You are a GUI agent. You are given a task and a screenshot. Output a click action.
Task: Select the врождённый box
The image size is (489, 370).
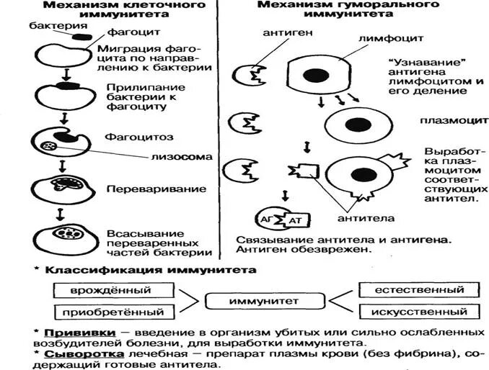pos(113,291)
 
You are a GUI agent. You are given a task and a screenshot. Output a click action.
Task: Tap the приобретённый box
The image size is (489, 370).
pos(113,312)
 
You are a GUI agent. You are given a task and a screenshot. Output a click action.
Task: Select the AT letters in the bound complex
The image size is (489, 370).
pos(294,220)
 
